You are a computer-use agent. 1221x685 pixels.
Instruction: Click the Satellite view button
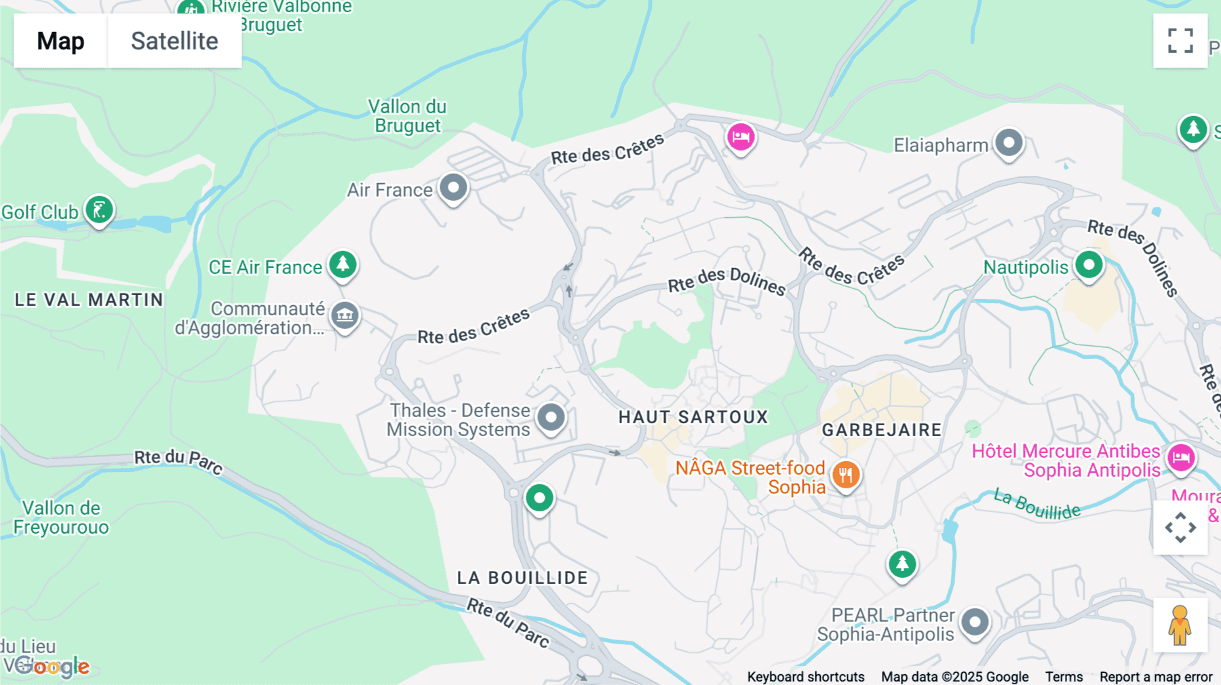[x=174, y=41]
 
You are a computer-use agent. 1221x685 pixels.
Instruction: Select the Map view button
[x=60, y=41]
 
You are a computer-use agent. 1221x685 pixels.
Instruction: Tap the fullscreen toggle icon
[x=1180, y=41]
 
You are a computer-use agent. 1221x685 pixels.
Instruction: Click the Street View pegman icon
[x=1180, y=625]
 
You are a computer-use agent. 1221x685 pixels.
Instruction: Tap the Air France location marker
[x=453, y=188]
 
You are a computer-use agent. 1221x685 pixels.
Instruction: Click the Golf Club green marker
[x=99, y=210]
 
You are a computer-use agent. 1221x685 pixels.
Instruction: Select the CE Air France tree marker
[x=343, y=265]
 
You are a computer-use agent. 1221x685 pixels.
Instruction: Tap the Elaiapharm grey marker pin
[x=1009, y=143]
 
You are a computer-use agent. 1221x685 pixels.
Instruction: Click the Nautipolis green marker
[x=1089, y=265]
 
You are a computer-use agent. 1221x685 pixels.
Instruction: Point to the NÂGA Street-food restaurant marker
[x=845, y=475]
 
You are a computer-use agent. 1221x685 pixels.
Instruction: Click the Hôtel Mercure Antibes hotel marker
[x=1181, y=458]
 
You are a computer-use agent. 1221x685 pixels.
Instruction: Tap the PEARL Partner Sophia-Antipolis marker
[x=975, y=622]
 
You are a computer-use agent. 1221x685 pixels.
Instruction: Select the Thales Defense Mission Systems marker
[x=551, y=418]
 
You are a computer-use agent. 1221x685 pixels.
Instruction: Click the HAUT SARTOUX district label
[x=693, y=417]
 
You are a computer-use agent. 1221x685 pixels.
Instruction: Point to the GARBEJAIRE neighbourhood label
[x=882, y=430]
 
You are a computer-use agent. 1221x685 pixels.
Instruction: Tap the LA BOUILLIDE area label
[x=522, y=578]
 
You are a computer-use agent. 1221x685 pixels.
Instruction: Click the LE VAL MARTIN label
[x=89, y=300]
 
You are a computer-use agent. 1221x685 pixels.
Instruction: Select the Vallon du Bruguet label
[x=407, y=116]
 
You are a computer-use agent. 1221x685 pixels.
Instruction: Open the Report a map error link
[x=1156, y=677]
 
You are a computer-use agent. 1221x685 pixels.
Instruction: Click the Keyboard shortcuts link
[x=805, y=677]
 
